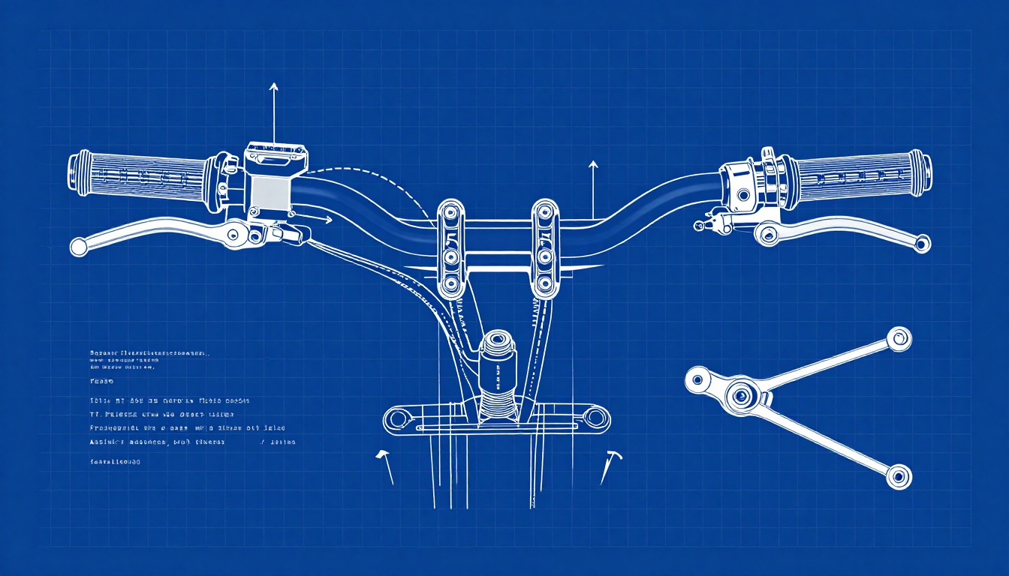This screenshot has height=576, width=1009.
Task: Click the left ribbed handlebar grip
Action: coord(139,177)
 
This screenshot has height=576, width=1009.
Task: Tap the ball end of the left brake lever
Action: coord(78,246)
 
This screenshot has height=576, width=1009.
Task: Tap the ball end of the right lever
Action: coord(922,243)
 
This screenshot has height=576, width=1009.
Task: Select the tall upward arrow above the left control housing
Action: coord(273,112)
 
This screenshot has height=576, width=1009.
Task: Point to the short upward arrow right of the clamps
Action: coord(593,187)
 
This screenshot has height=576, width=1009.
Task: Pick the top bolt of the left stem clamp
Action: coord(451,211)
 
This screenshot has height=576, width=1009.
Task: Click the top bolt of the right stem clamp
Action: coord(544,211)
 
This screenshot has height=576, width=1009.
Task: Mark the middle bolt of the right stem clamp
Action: coord(544,257)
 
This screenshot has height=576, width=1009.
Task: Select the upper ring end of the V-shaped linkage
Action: coord(898,339)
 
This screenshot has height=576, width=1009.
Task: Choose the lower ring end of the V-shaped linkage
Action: coord(899,475)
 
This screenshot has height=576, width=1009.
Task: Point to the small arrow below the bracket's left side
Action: coord(385,465)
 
